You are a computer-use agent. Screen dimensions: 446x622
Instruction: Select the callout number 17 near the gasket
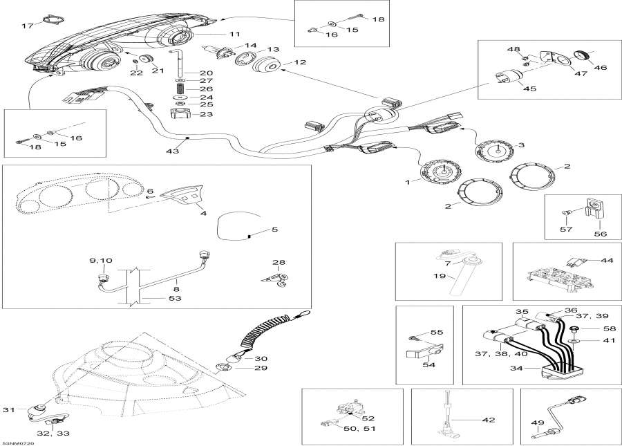tap(27, 26)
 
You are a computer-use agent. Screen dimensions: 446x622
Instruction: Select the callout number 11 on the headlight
tap(234, 33)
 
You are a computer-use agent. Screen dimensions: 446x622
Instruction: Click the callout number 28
tap(278, 263)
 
